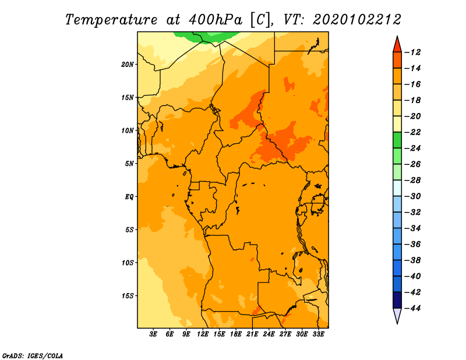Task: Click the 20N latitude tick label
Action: click(128, 65)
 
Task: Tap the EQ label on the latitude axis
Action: click(129, 197)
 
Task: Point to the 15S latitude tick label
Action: click(128, 296)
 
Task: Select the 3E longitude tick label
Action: click(153, 334)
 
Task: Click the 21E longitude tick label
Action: click(252, 334)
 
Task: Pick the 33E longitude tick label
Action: click(318, 334)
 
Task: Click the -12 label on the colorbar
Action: click(413, 52)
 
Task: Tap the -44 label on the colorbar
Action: click(413, 308)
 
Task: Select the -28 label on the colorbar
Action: click(413, 180)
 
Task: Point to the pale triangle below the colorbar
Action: click(397, 315)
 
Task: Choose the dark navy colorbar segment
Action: click(397, 300)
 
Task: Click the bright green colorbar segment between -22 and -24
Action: click(397, 140)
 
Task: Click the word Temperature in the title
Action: click(111, 20)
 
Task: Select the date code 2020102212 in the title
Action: click(357, 20)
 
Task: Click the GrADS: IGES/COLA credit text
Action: click(33, 355)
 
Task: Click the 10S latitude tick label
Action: click(128, 263)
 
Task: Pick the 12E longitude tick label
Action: click(202, 334)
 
